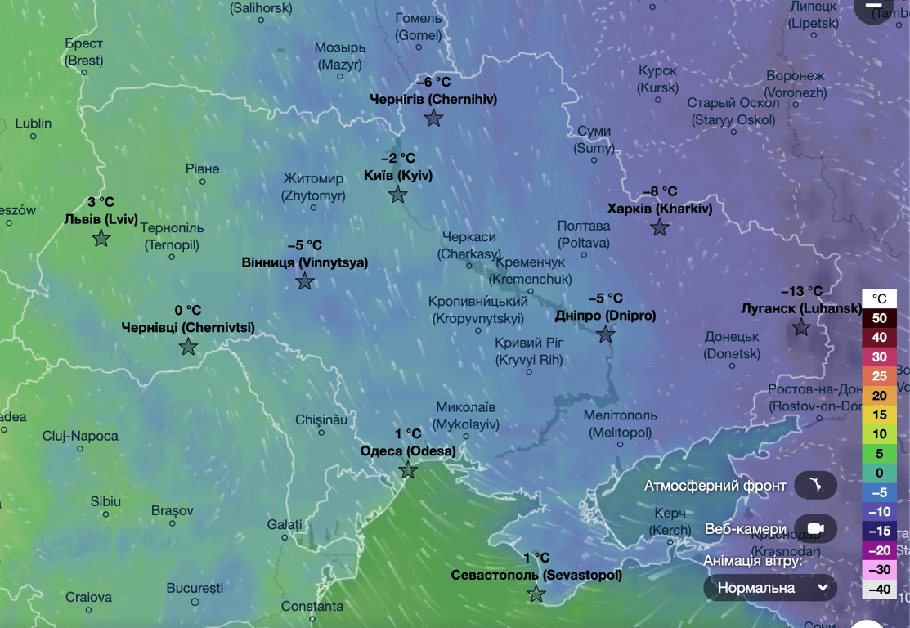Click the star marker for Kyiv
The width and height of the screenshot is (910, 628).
point(398,195)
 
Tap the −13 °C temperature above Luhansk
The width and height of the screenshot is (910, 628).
point(801,291)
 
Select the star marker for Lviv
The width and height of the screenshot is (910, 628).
point(101,238)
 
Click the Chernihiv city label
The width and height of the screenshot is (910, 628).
point(433,99)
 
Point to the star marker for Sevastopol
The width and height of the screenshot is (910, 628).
point(536,594)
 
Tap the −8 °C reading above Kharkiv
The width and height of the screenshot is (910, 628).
point(660,191)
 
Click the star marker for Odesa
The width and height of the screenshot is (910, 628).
point(408,470)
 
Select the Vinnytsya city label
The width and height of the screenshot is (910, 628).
point(305,262)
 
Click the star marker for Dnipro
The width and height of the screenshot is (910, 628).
point(606,334)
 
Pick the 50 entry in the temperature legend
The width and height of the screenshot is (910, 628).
point(879,317)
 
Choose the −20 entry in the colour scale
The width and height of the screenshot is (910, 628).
point(879,549)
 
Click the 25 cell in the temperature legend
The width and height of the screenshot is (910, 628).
point(879,376)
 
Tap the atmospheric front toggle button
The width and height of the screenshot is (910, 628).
point(815,486)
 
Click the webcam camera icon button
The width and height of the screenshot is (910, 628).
point(815,529)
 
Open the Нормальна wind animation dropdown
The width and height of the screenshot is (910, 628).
point(770,587)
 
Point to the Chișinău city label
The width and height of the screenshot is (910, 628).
point(321,419)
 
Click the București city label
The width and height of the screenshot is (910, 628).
point(195,588)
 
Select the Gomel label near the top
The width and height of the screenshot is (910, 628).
point(418,27)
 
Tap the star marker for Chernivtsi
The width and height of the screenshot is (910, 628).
point(189,347)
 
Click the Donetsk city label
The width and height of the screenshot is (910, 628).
point(732,345)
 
